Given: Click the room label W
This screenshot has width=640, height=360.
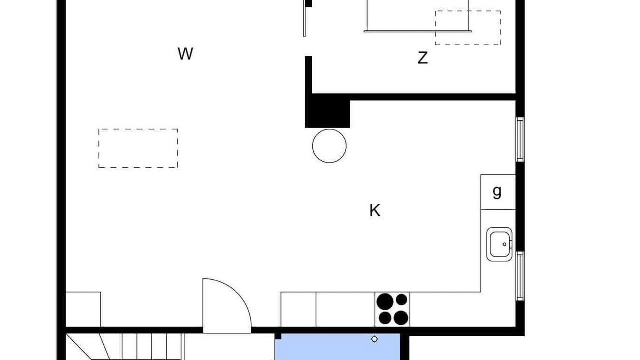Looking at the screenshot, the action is click(185, 53).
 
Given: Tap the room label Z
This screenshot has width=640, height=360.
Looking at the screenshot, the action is click(423, 58).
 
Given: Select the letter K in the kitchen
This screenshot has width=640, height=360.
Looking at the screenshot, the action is click(375, 211).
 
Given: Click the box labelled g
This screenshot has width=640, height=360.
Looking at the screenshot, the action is click(498, 192).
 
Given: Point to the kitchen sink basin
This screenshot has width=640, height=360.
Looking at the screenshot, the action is click(499, 244).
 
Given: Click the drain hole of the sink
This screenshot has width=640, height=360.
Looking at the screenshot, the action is click(504, 244).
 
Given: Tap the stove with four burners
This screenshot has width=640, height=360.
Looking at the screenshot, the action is click(392, 309).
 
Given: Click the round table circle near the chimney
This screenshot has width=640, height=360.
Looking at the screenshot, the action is click(329, 146).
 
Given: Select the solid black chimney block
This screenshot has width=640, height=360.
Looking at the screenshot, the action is click(327, 111).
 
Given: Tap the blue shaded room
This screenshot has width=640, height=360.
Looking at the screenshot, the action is click(337, 347).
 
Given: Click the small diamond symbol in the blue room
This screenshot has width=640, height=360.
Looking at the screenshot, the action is click(374, 339).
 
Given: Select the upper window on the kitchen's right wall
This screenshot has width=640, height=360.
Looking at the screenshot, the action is click(520, 139).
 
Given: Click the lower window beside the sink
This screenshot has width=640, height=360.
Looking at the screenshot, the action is click(520, 276).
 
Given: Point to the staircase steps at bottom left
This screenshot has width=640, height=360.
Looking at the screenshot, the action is click(125, 347).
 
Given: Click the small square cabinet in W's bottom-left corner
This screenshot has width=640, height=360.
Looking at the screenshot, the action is click(83, 309).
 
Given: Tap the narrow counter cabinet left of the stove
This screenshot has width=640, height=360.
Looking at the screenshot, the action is click(298, 309).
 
